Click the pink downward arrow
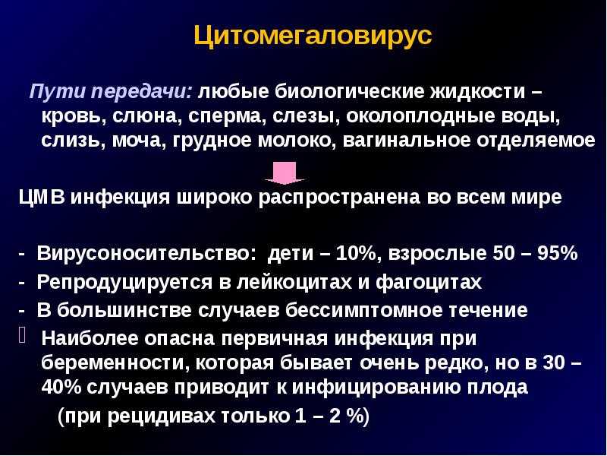[285, 173]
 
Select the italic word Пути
[58, 92]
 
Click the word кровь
[73, 117]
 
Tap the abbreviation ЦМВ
[42, 198]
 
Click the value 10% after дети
[356, 254]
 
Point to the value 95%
[558, 254]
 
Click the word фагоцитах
[429, 283]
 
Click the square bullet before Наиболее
[22, 334]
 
